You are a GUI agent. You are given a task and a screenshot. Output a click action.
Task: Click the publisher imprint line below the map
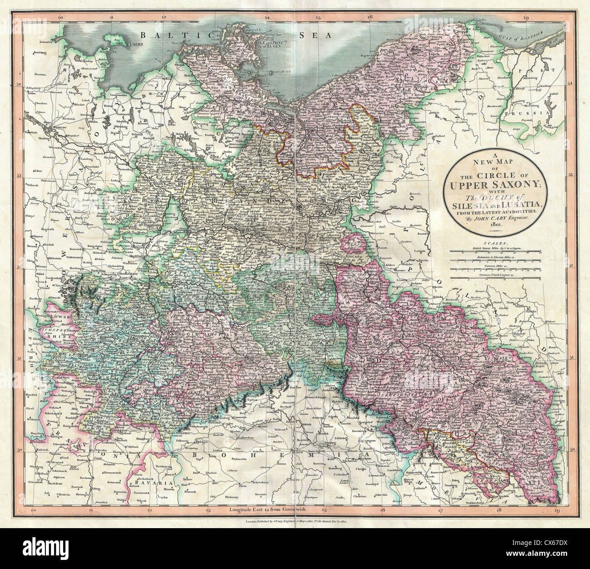[295, 523]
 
